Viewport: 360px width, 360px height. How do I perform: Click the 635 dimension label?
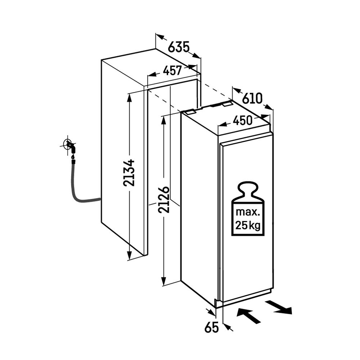pos(179,46)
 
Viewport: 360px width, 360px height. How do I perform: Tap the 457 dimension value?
pos(172,71)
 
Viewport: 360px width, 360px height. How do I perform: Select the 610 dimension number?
pos(252,98)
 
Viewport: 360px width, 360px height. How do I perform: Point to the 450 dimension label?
pos(242,121)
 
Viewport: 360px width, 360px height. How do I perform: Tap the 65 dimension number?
pos(212,328)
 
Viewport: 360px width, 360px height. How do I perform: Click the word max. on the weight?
pos(248,212)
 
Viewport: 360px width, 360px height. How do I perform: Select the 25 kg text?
pos(248,226)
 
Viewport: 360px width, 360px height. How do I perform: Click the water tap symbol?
pos(69,145)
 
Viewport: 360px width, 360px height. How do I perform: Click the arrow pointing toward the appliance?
pos(248,316)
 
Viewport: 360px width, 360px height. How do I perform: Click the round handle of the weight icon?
pos(248,188)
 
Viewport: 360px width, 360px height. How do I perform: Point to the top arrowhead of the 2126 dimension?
pos(164,119)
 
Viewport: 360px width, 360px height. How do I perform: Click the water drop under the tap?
pos(73,157)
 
